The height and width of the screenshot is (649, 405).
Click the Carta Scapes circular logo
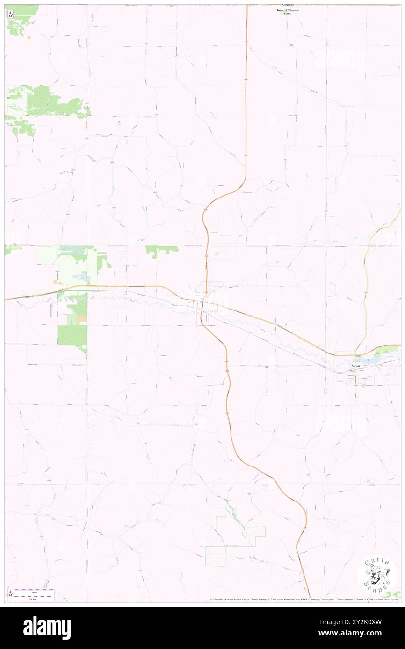click(x=377, y=574)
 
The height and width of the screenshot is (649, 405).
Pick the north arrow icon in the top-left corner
click(x=10, y=14)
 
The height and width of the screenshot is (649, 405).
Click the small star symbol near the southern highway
click(x=249, y=494)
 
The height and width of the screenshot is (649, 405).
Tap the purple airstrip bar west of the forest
click(x=51, y=309)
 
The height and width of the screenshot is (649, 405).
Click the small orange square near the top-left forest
click(x=29, y=37)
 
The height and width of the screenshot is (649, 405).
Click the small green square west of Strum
click(x=267, y=367)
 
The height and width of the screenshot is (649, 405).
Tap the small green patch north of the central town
click(x=162, y=250)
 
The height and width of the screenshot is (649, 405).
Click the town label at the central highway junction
click(x=202, y=303)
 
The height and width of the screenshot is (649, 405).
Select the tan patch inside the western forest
click(x=81, y=319)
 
